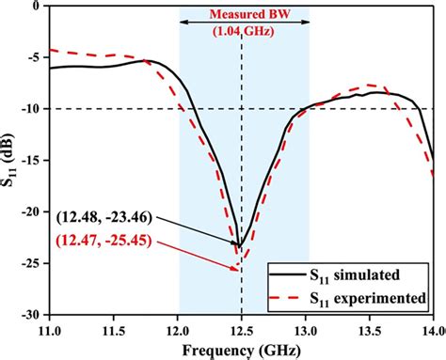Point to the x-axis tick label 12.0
pyautogui.click(x=178, y=331)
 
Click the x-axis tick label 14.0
pyautogui.click(x=429, y=331)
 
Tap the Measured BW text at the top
pyautogui.click(x=244, y=14)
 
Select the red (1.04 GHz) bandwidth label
pyautogui.click(x=244, y=30)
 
